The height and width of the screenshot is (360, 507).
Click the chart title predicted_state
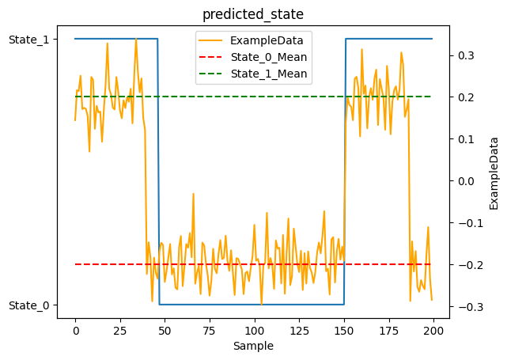[253, 14]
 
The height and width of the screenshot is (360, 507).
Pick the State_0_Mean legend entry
[268, 57]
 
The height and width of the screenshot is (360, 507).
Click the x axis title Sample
[253, 346]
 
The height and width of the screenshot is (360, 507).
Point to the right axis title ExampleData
[494, 172]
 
